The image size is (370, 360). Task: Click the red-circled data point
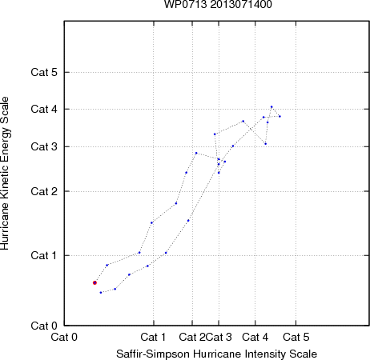95,282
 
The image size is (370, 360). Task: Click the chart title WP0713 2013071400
218,4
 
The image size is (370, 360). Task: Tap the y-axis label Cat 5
44,72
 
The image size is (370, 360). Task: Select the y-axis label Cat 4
44,109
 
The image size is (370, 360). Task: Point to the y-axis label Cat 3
44,146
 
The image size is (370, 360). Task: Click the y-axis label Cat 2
44,191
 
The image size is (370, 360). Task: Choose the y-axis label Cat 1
44,255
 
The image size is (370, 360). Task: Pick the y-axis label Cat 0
44,326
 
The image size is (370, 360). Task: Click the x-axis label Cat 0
64,337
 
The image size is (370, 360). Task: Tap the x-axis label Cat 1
153,337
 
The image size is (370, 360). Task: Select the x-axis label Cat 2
192,337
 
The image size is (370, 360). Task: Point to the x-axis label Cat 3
219,337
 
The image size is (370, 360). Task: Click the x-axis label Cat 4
255,337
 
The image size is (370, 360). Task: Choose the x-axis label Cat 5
296,337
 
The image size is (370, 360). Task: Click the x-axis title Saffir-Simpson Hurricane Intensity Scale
217,354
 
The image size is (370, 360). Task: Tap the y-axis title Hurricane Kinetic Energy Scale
5,174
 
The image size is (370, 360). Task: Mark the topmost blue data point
271,107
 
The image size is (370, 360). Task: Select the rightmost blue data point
280,116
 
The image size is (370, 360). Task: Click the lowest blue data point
101,293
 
